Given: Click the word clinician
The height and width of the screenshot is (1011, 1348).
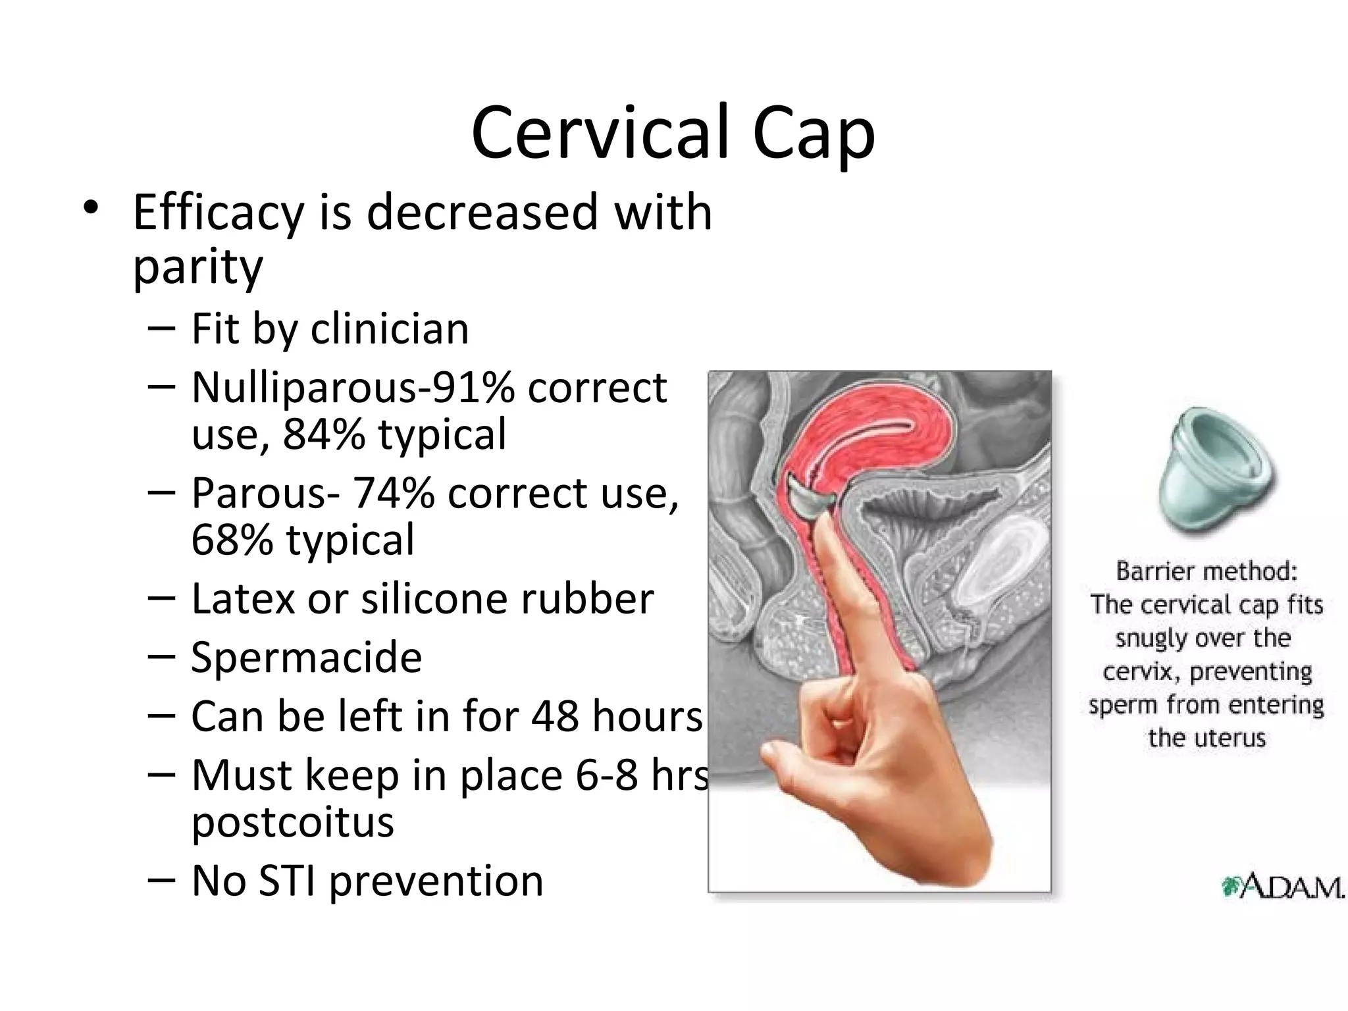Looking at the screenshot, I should pos(389,328).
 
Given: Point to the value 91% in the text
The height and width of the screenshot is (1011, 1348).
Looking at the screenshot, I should pos(476,387).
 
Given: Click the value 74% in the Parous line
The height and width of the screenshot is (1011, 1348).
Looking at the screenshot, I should pos(393,493).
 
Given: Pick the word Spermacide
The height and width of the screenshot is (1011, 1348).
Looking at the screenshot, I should pos(306,658).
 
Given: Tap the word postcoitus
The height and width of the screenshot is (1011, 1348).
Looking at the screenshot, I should pos(292,823).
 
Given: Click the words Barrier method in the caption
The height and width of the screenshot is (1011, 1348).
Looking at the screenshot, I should pos(1206,571).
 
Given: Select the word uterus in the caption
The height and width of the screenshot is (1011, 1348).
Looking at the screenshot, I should pos(1230,739).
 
